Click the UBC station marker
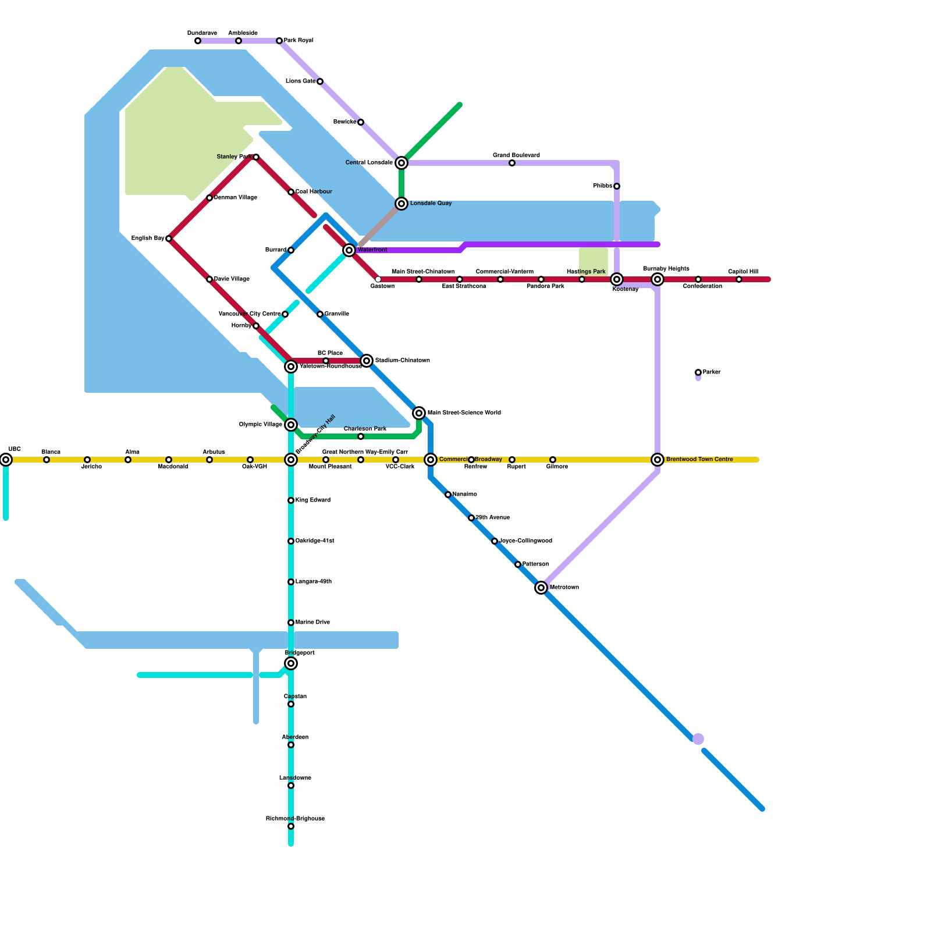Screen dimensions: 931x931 pyautogui.click(x=6, y=460)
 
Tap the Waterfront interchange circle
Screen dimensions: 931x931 pyautogui.click(x=349, y=250)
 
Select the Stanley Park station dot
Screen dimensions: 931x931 pyautogui.click(x=256, y=157)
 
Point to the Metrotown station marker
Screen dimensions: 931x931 pyautogui.click(x=541, y=588)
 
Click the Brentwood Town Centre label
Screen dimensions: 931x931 pyautogui.click(x=699, y=460)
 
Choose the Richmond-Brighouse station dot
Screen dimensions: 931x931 pyautogui.click(x=291, y=826)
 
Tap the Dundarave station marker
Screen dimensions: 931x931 pyautogui.click(x=198, y=41)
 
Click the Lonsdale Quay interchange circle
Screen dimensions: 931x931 pyautogui.click(x=401, y=204)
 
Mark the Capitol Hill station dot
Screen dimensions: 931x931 pyautogui.click(x=739, y=279)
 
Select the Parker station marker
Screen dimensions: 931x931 pyautogui.click(x=698, y=372)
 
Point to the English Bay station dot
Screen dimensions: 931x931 pyautogui.click(x=169, y=239)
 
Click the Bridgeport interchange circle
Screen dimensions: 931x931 pyautogui.click(x=291, y=663)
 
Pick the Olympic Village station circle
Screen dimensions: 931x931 pyautogui.click(x=291, y=425)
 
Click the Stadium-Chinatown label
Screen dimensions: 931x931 pyautogui.click(x=402, y=361)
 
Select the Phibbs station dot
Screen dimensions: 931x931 pyautogui.click(x=617, y=186)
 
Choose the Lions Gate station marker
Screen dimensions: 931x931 pyautogui.click(x=320, y=81)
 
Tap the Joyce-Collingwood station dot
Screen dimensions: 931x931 pyautogui.click(x=495, y=541)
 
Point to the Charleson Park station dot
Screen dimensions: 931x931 pyautogui.click(x=361, y=436)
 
